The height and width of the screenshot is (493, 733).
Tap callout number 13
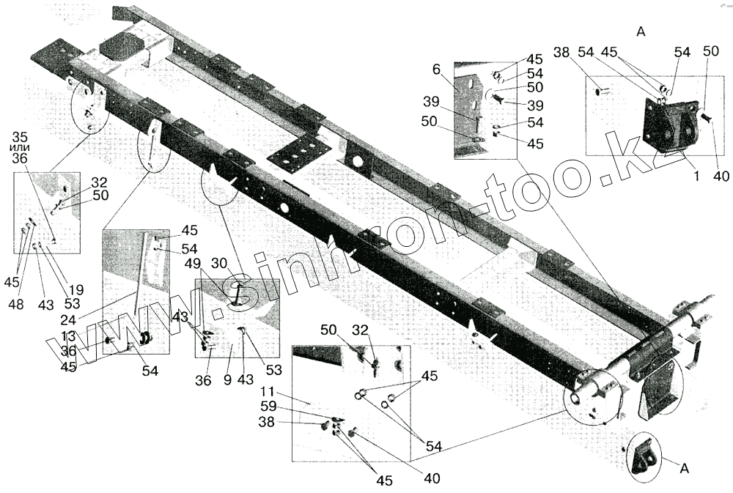[x=68, y=336]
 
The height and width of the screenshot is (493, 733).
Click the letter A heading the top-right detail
[x=641, y=31]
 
